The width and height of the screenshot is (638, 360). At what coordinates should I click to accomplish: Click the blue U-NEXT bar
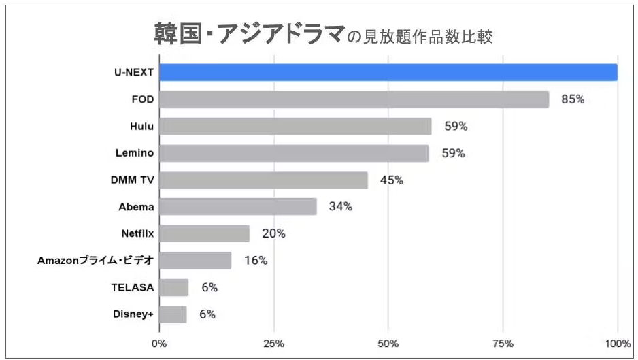tap(388, 72)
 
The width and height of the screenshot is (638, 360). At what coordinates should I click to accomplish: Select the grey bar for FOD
tap(354, 99)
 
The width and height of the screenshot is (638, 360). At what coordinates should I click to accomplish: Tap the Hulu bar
tap(295, 126)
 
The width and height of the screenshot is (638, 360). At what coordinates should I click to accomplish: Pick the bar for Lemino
tap(294, 153)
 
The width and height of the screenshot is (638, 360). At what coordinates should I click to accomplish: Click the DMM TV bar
tap(263, 180)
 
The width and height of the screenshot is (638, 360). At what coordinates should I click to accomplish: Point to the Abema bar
tap(238, 206)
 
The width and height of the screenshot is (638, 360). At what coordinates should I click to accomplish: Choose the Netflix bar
tap(204, 233)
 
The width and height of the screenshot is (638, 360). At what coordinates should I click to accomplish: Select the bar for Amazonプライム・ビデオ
tap(195, 260)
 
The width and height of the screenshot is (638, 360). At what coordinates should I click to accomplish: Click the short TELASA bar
tap(173, 287)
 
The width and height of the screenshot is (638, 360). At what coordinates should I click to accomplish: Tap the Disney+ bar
tap(173, 314)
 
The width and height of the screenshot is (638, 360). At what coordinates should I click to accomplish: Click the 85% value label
tap(573, 99)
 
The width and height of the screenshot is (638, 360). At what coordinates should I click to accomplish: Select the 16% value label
tap(256, 261)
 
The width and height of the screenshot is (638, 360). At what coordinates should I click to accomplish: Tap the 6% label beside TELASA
tap(209, 287)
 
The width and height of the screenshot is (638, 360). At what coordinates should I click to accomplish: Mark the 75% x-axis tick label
tap(503, 342)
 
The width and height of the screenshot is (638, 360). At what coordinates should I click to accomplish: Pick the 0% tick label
tap(159, 342)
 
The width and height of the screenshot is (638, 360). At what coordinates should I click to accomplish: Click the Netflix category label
tap(137, 233)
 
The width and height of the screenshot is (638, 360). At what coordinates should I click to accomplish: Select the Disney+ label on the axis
tap(133, 314)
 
